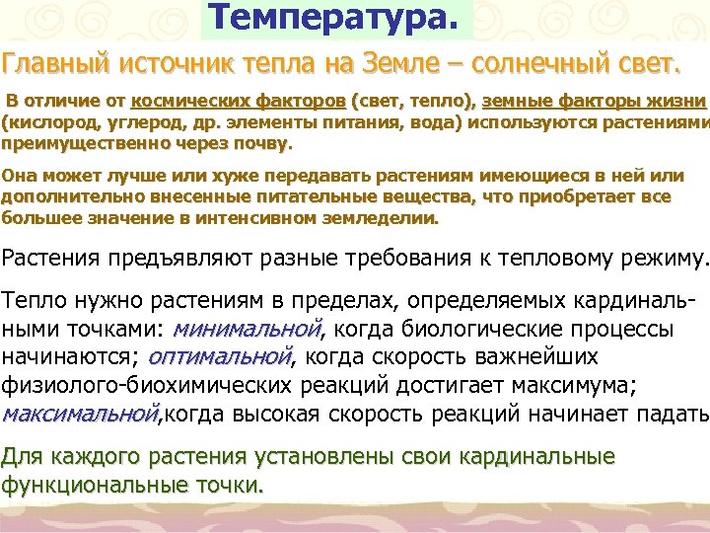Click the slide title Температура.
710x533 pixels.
(335, 17)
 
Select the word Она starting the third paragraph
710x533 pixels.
(20, 176)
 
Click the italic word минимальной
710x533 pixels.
(248, 329)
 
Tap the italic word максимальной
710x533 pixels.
(79, 412)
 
